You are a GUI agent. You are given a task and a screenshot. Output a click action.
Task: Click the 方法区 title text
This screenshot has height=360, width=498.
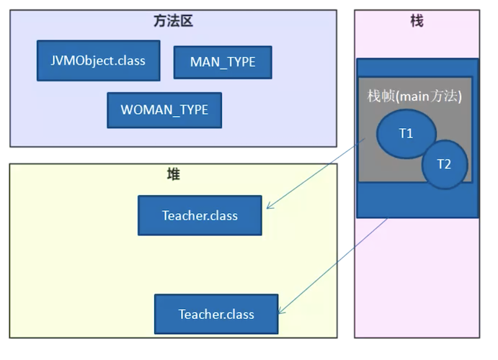174,22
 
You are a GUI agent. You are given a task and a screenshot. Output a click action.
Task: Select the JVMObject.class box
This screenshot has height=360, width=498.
99,60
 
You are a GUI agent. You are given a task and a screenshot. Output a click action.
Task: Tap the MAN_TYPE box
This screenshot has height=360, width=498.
223,62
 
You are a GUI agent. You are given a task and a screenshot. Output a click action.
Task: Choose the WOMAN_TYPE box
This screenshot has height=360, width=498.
164,110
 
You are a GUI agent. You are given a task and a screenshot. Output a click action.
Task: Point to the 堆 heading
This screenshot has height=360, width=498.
173,175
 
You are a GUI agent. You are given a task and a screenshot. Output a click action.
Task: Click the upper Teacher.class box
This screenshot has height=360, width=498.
200,215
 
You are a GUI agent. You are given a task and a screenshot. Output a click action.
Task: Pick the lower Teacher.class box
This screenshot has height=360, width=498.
216,314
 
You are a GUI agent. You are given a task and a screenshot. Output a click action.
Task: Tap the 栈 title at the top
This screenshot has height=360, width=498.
417,22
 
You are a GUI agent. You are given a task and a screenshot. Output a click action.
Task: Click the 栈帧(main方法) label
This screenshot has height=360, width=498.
414,96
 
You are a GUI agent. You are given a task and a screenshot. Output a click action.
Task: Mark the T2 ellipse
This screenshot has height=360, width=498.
444,164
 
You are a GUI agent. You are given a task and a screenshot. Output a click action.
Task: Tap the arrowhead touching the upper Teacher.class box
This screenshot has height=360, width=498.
269,207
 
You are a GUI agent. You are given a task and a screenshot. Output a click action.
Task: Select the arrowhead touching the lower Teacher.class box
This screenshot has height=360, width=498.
281,311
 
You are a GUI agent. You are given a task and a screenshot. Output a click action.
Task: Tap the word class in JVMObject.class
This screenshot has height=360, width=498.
130,60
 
